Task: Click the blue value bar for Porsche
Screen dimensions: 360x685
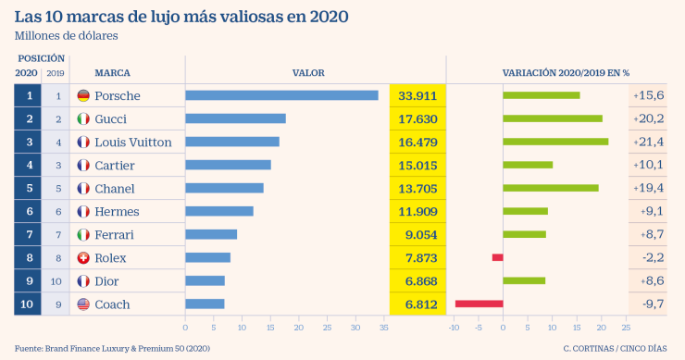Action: point(281,95)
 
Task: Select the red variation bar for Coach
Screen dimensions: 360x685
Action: point(479,304)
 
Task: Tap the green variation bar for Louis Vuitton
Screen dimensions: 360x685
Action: point(555,142)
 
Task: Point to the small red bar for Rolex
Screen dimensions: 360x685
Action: point(497,257)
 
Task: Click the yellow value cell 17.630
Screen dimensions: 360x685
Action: point(417,118)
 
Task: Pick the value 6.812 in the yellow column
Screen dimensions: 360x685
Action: point(417,304)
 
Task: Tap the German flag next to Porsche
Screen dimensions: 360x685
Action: point(83,95)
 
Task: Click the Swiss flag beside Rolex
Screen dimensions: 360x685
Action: point(83,257)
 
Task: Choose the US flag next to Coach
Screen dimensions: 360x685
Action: point(83,304)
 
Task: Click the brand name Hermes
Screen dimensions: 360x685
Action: point(116,211)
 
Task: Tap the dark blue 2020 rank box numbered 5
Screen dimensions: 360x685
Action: point(29,188)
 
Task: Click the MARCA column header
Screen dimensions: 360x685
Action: point(112,72)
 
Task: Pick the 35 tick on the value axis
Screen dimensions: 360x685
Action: point(383,327)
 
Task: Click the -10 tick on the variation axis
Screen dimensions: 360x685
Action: point(453,327)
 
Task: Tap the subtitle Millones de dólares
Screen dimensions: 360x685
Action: point(66,35)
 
